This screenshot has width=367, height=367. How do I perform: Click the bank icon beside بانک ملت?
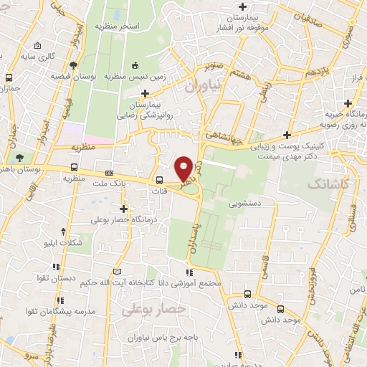pos(109,173)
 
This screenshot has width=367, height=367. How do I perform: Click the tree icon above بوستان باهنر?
pos(19,158)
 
